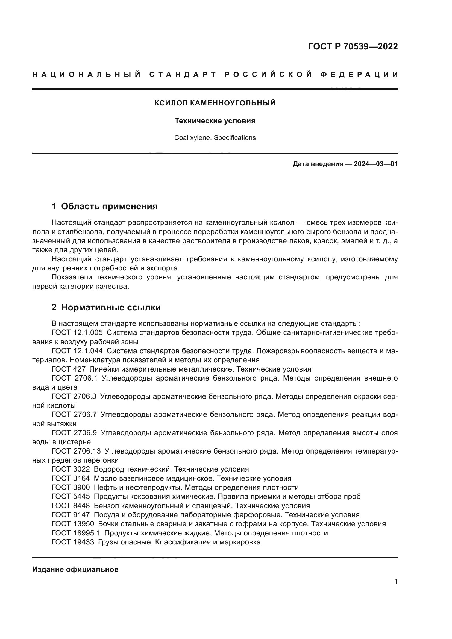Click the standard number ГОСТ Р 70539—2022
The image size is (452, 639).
click(353, 46)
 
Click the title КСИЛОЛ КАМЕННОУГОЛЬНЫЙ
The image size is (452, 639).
click(215, 103)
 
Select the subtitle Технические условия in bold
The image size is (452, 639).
click(215, 121)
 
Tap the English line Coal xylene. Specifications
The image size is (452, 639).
click(215, 138)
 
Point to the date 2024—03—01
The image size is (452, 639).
click(375, 164)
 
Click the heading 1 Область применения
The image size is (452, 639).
click(104, 206)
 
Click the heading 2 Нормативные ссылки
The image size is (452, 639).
click(106, 307)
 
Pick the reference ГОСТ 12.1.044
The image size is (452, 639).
click(77, 351)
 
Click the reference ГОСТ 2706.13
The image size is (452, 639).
click(76, 451)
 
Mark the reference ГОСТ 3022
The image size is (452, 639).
click(71, 469)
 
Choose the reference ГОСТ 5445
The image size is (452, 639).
click(71, 496)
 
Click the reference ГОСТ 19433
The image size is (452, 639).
click(73, 542)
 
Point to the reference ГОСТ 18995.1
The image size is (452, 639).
click(76, 533)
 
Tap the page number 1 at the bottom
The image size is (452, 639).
click(396, 581)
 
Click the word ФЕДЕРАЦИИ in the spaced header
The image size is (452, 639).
click(359, 75)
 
